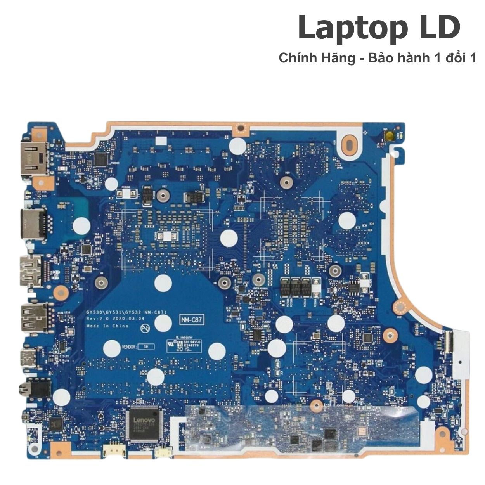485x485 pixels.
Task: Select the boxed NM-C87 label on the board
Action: coord(192,320)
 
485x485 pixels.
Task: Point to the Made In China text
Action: coord(107,326)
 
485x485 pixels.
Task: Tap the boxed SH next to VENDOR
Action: coord(146,346)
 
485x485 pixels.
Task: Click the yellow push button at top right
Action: coord(388,135)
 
